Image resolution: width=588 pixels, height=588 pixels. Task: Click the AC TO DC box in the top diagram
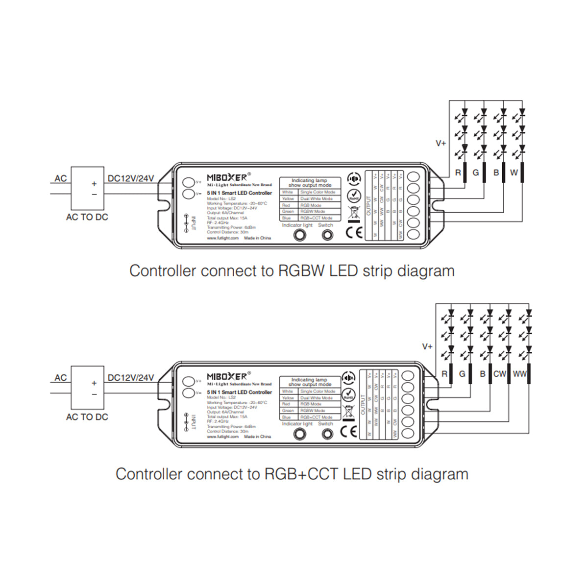point(87,188)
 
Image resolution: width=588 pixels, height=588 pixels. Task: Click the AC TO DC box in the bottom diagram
point(87,387)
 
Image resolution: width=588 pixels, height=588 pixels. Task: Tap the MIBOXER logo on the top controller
point(228,177)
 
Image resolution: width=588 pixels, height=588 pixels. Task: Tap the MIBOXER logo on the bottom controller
point(228,376)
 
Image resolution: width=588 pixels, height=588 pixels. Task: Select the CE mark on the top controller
point(354,233)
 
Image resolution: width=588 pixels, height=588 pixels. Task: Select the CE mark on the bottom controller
point(348,431)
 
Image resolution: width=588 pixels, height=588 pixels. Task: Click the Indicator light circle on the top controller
point(299,235)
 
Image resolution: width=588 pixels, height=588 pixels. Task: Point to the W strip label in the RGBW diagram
point(514,172)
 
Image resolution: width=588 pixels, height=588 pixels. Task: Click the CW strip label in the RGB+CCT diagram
point(499,374)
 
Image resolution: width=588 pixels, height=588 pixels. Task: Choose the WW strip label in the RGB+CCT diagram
point(519,374)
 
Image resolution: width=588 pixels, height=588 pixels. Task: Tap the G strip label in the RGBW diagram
point(475,172)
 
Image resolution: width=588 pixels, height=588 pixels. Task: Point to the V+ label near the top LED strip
point(441,144)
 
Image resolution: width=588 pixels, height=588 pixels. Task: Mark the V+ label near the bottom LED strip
point(427,346)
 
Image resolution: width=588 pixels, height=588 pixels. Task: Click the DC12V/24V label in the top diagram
point(131,178)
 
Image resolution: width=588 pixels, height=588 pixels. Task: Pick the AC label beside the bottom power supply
point(61,378)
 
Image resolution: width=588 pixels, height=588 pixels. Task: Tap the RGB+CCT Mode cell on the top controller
point(317,218)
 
